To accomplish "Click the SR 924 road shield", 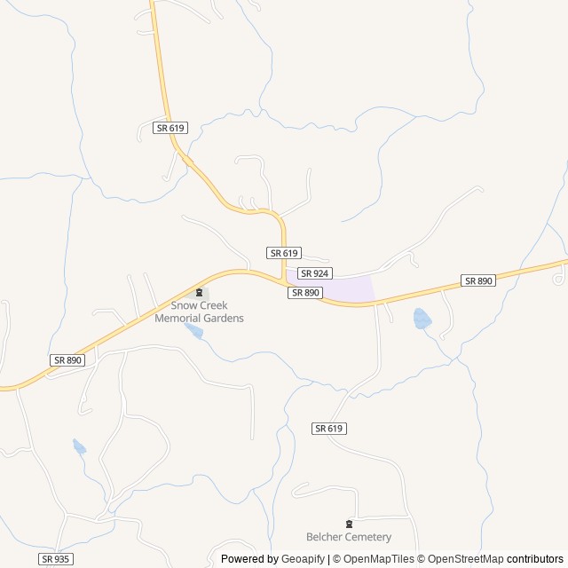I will (x=314, y=273).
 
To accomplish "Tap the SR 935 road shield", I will (x=55, y=559).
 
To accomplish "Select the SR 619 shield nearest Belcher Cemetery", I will (x=328, y=428).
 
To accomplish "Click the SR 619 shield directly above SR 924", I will (x=284, y=253).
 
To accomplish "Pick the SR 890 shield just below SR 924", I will (x=304, y=292).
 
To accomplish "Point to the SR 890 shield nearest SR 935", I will (x=67, y=359).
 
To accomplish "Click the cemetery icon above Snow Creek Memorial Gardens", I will (x=199, y=293).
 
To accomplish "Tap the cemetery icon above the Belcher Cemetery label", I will (x=348, y=524).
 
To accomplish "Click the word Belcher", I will (x=326, y=537).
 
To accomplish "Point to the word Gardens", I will (x=224, y=318).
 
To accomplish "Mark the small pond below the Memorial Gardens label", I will (x=193, y=332).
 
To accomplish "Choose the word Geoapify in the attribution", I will (x=304, y=559).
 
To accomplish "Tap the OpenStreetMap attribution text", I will (x=463, y=559).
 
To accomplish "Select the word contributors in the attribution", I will (x=535, y=559).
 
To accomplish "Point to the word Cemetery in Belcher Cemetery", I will (x=368, y=537).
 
